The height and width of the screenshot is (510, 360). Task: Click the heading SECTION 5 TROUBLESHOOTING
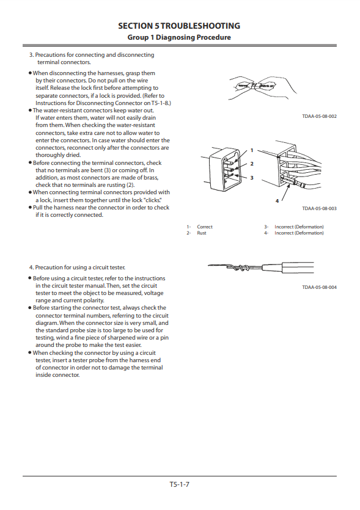(179, 26)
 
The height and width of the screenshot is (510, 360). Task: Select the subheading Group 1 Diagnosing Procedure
(179, 37)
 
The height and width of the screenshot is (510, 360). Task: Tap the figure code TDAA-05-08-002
(319, 116)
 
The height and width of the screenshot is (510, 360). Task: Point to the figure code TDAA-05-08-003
(319, 208)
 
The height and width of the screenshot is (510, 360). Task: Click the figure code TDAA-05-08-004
(319, 287)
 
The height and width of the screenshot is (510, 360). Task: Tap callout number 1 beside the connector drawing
(252, 150)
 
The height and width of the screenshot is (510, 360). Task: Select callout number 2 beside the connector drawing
(252, 164)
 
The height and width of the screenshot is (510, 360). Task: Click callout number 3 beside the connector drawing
(252, 178)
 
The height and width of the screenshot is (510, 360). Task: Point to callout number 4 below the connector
(277, 201)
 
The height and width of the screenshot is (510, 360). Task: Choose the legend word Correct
(205, 227)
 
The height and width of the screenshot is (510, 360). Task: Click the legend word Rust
(202, 233)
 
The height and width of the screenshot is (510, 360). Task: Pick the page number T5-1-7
(179, 484)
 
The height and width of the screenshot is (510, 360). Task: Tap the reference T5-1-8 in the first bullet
(160, 103)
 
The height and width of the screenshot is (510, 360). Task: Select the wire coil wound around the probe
(239, 268)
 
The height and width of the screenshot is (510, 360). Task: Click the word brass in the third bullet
(151, 178)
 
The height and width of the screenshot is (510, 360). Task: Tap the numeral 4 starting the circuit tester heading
(31, 268)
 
